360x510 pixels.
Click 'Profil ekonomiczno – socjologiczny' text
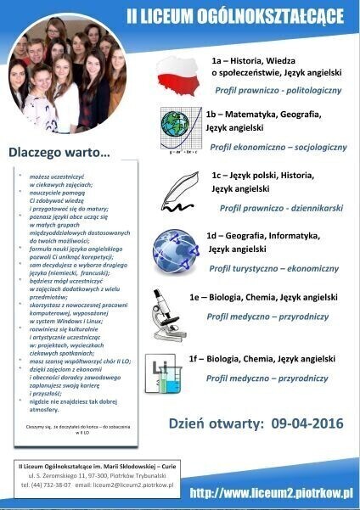tap(278, 147)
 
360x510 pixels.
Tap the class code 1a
tap(217, 61)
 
